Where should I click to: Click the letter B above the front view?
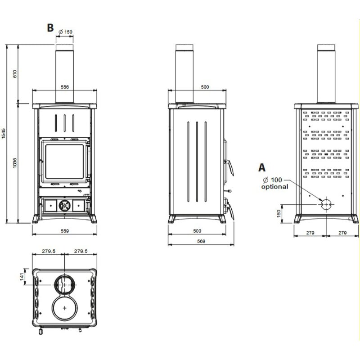pyautogui.click(x=50, y=27)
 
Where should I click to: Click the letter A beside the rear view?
pyautogui.click(x=262, y=168)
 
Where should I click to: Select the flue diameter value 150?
pyautogui.click(x=67, y=32)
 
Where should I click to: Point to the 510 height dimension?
pyautogui.click(x=14, y=73)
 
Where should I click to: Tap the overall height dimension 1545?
pyautogui.click(x=4, y=134)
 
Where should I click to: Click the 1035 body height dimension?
pyautogui.click(x=14, y=162)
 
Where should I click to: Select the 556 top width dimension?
pyautogui.click(x=64, y=87)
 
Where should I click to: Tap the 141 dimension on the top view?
pyautogui.click(x=22, y=275)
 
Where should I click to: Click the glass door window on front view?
pyautogui.click(x=63, y=162)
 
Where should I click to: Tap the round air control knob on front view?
pyautogui.click(x=64, y=206)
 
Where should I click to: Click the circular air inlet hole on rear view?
pyautogui.click(x=326, y=204)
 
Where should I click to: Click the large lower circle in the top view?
pyautogui.click(x=65, y=308)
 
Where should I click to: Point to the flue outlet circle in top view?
pyautogui.click(x=65, y=284)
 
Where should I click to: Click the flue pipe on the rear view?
pyautogui.click(x=326, y=74)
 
